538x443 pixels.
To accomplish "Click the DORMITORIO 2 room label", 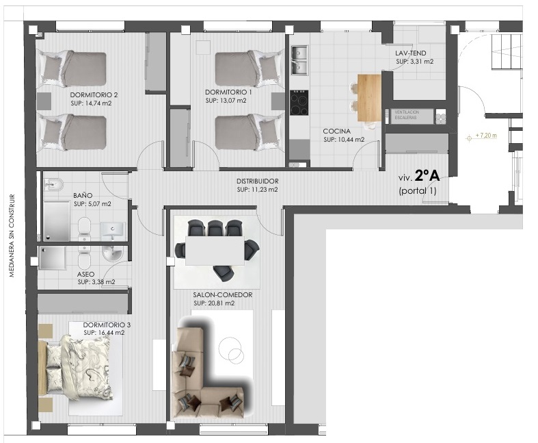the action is click(x=94, y=95).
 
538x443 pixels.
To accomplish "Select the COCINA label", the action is click(x=336, y=131).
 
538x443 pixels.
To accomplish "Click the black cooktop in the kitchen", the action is click(x=299, y=103).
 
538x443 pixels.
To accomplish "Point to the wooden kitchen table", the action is click(x=369, y=98).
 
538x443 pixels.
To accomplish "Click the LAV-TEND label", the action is click(x=410, y=53).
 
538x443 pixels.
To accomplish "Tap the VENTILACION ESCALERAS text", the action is click(x=407, y=115).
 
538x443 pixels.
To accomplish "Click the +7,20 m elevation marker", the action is click(x=482, y=136).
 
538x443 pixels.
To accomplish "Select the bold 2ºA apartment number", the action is click(x=427, y=176).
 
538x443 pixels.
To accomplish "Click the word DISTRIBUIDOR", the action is click(x=257, y=181).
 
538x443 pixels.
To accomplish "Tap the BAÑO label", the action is click(x=83, y=196).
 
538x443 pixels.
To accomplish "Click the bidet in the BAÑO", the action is click(x=54, y=184).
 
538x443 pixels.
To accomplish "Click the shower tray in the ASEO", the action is click(x=53, y=257).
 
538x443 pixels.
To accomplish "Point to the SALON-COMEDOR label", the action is click(x=222, y=295).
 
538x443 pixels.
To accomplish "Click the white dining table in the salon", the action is click(x=215, y=250).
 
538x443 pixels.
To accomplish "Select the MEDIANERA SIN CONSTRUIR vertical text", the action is click(x=12, y=236).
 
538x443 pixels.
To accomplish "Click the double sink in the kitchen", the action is click(x=299, y=60).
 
